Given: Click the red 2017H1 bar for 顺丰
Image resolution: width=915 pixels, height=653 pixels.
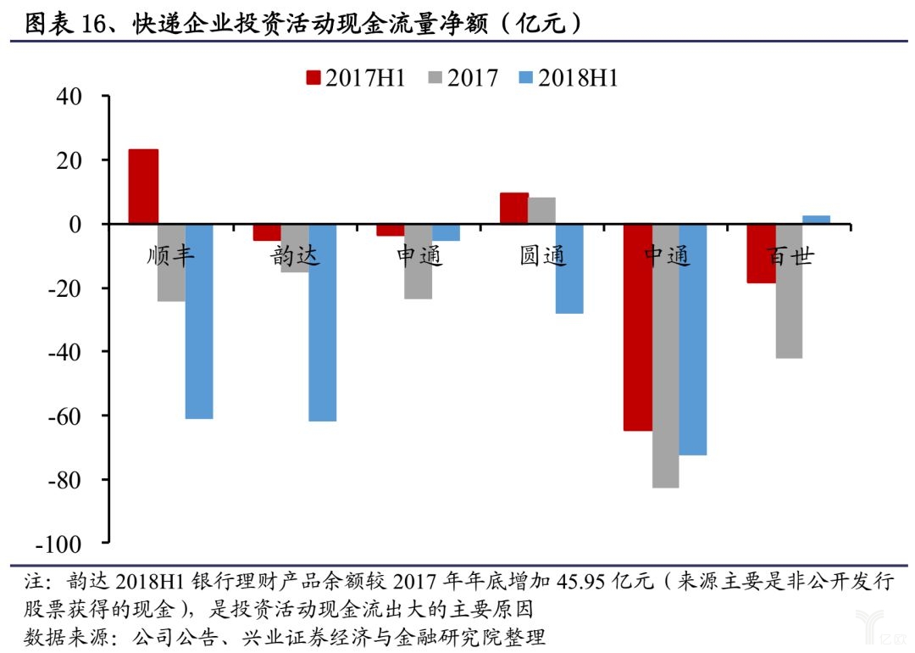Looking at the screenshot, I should [143, 187].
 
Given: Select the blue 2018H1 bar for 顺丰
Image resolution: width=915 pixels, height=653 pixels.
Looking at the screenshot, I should [199, 321].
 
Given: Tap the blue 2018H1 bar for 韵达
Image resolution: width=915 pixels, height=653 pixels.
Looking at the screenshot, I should [323, 322].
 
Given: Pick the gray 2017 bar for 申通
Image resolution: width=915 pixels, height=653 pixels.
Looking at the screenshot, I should [418, 262].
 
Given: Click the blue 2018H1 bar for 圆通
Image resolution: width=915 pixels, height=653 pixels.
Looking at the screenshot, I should [569, 269].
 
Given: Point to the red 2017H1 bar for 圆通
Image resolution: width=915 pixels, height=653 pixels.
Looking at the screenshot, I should [514, 209].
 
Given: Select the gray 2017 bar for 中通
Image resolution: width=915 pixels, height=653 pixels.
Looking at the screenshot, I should [665, 356].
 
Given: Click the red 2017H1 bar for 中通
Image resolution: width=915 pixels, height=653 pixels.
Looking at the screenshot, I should [638, 327].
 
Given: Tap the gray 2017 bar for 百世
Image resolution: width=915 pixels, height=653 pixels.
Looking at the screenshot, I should [789, 291].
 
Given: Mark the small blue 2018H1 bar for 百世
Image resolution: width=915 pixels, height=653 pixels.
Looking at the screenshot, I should [816, 220].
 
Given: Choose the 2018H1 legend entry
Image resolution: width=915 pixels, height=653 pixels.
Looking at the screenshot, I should [568, 78].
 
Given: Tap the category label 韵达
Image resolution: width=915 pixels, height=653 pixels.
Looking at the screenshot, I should [296, 256].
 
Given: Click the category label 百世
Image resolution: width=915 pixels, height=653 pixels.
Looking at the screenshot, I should [789, 256].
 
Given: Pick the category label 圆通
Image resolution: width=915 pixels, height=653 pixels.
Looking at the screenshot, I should [542, 256].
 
